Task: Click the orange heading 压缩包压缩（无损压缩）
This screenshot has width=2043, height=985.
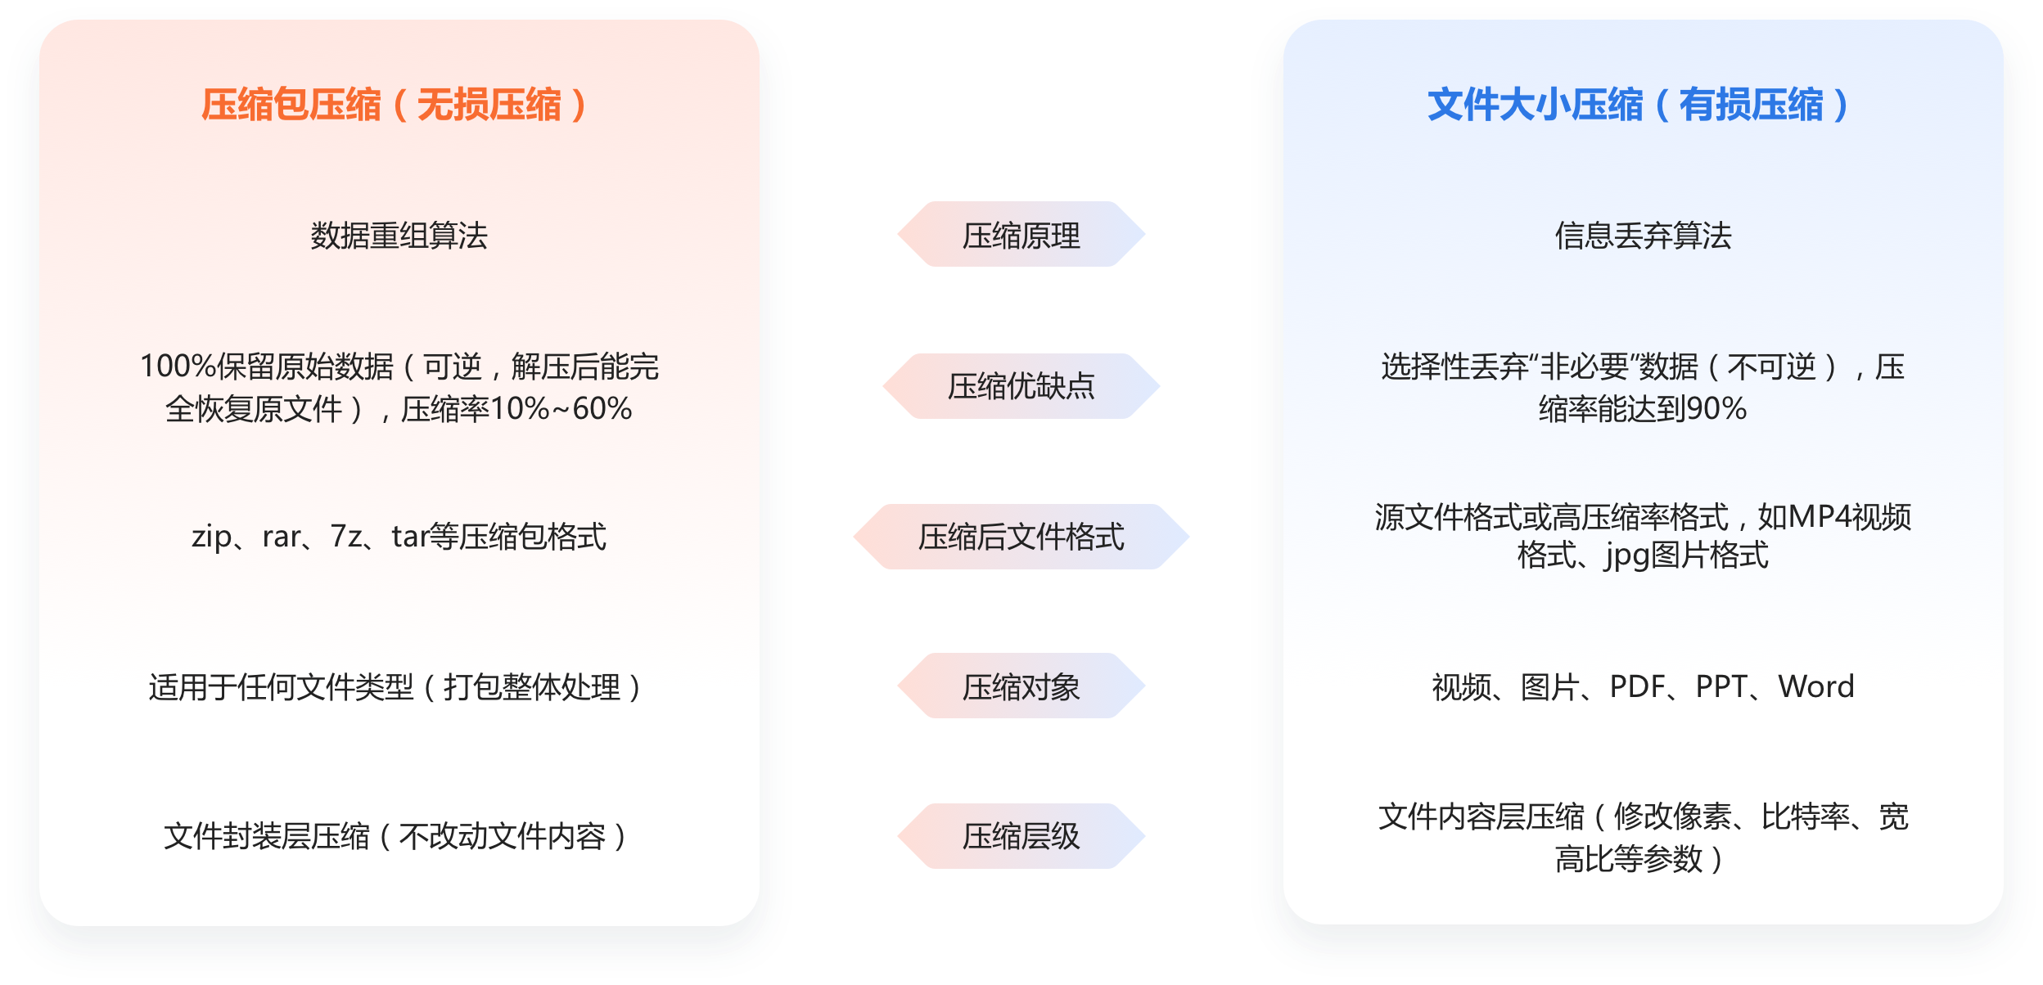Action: click(394, 106)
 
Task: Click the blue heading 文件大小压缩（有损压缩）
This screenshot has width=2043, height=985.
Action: click(1638, 106)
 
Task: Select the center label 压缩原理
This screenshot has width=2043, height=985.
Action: click(1021, 236)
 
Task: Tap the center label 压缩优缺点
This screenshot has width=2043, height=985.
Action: click(1021, 386)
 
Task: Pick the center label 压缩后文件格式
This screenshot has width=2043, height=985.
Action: click(1021, 537)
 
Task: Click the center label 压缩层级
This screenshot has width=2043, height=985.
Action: click(1021, 836)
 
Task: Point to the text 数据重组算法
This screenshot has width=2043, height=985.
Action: click(399, 236)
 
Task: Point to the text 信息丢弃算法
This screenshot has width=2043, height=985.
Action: click(1643, 236)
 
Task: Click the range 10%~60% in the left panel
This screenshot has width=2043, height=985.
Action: click(561, 409)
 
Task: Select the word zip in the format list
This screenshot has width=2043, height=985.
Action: click(211, 537)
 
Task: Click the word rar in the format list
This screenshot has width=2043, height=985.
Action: click(282, 537)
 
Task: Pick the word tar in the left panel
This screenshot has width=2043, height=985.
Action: click(410, 537)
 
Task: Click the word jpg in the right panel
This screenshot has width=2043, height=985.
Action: click(1627, 556)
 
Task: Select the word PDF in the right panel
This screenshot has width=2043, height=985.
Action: click(1638, 687)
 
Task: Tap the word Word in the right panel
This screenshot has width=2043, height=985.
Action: click(1816, 687)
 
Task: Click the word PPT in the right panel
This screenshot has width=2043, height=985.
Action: click(1722, 687)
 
